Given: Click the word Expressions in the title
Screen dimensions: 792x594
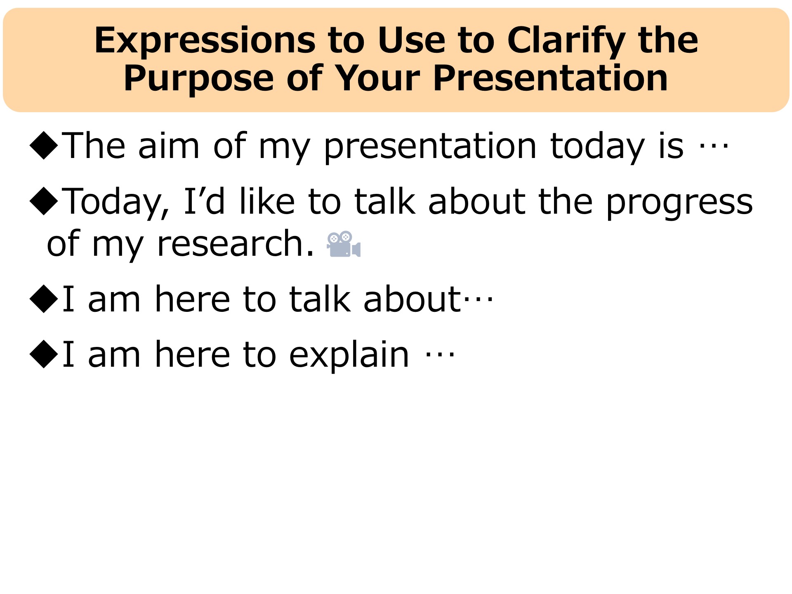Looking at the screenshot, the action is click(x=205, y=41).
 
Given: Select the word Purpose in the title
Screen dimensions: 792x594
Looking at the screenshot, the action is click(x=199, y=78).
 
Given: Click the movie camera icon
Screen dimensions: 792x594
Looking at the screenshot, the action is click(x=344, y=244).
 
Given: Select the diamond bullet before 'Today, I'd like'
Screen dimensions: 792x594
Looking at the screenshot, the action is click(x=44, y=201).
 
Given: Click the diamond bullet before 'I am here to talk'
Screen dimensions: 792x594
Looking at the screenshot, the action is click(x=44, y=299).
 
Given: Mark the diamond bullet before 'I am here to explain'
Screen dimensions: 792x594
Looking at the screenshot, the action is click(x=44, y=354).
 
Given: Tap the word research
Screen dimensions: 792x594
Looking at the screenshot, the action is click(x=236, y=243).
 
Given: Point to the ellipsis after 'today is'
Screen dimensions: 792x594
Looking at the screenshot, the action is click(x=714, y=146).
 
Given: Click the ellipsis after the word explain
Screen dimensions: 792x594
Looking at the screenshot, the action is click(x=440, y=355).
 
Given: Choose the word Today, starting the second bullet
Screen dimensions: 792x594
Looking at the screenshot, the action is click(x=116, y=203).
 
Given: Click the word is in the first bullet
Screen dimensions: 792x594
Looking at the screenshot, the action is click(x=671, y=145).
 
